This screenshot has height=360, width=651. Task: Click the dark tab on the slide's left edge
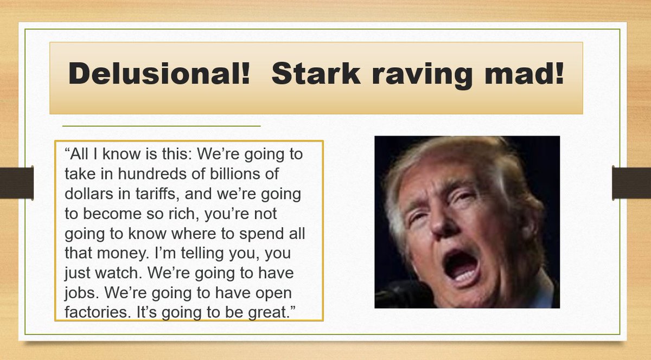pos(17,183)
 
